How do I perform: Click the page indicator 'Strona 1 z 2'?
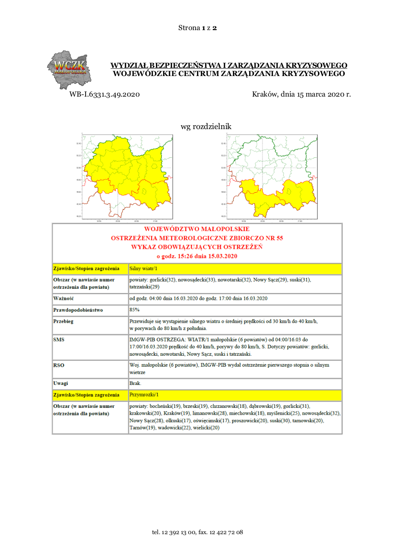click(x=197, y=28)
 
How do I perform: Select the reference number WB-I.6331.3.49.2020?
click(x=104, y=94)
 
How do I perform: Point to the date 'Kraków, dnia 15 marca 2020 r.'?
click(x=301, y=94)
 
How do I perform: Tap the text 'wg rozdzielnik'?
click(x=206, y=127)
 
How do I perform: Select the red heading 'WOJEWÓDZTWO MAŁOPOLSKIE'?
click(x=197, y=229)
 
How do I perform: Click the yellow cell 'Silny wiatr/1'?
click(x=141, y=269)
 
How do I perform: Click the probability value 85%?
click(x=134, y=309)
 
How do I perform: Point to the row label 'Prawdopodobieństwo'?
click(x=78, y=310)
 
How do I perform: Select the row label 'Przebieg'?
click(x=64, y=321)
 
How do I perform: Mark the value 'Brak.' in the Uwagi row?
click(x=135, y=384)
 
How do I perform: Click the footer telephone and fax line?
click(x=197, y=532)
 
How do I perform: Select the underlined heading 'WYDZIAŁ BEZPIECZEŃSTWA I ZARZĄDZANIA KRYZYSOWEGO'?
click(x=229, y=65)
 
